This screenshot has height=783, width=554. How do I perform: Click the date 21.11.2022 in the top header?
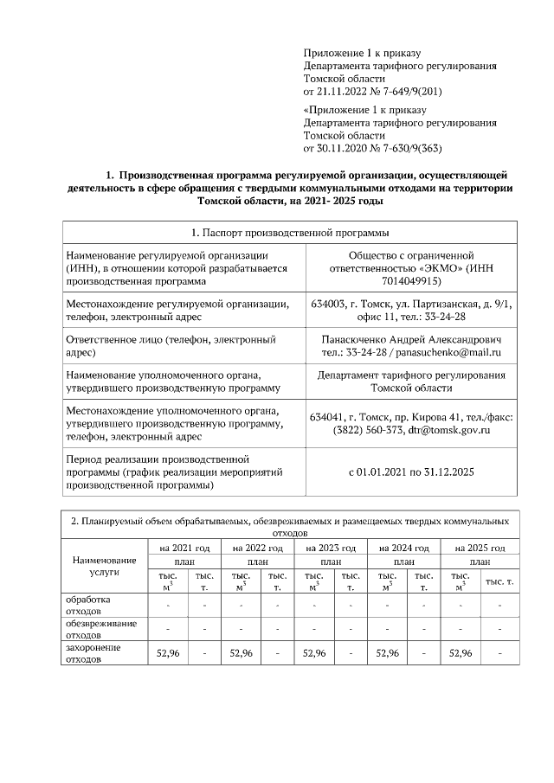pos(345,90)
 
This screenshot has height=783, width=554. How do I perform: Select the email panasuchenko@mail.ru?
pos(454,353)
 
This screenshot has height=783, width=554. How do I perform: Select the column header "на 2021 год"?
pos(184,548)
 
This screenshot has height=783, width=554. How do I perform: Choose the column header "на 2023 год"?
pos(331,548)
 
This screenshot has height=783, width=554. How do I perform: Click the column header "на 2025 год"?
pos(478,548)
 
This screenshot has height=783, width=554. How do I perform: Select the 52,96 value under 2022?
pos(241,653)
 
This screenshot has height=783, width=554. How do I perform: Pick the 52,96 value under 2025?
pos(460,653)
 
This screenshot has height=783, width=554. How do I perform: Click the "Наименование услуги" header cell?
pos(104,566)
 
